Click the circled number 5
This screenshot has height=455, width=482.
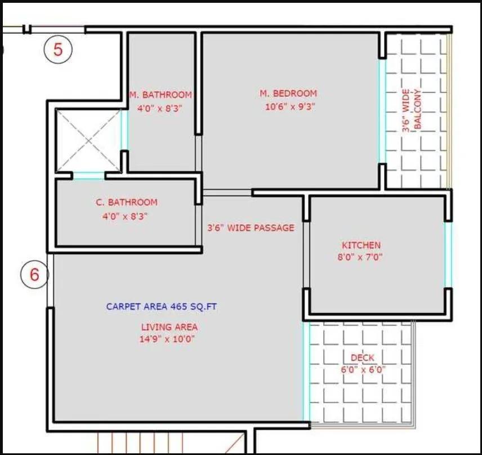pyautogui.click(x=59, y=50)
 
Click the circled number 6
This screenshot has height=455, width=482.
pyautogui.click(x=35, y=275)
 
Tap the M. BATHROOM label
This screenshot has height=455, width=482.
pyautogui.click(x=160, y=95)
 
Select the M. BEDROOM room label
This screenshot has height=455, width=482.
pyautogui.click(x=288, y=93)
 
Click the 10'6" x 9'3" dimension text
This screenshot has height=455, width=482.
pyautogui.click(x=290, y=106)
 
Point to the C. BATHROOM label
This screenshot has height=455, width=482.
pyautogui.click(x=125, y=202)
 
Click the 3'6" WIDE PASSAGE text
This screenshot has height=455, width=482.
pyautogui.click(x=251, y=228)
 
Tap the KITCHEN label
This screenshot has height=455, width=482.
pyautogui.click(x=361, y=246)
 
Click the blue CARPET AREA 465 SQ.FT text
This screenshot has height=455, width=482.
pyautogui.click(x=162, y=307)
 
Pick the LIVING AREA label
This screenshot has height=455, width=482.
pyautogui.click(x=169, y=327)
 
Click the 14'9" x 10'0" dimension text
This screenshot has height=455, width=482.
pyautogui.click(x=169, y=339)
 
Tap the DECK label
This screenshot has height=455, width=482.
pyautogui.click(x=363, y=358)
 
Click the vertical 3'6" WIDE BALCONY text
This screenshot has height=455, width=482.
pyautogui.click(x=412, y=109)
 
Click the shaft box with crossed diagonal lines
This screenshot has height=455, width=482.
pyautogui.click(x=88, y=140)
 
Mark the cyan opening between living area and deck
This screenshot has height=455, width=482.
pyautogui.click(x=306, y=372)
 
